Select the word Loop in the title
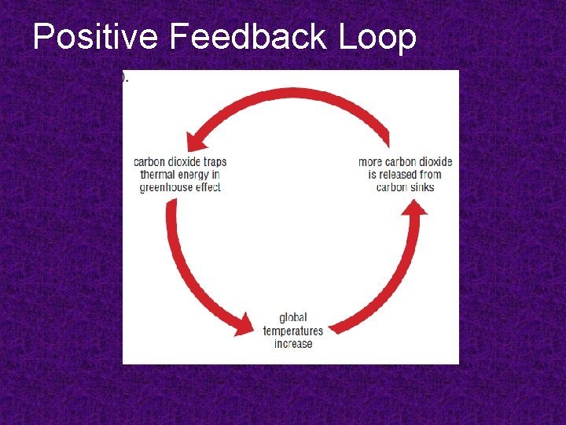click(x=380, y=37)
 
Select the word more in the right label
click(x=370, y=162)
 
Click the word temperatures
click(x=293, y=331)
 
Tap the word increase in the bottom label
click(x=293, y=344)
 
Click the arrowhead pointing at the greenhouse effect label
click(x=193, y=142)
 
